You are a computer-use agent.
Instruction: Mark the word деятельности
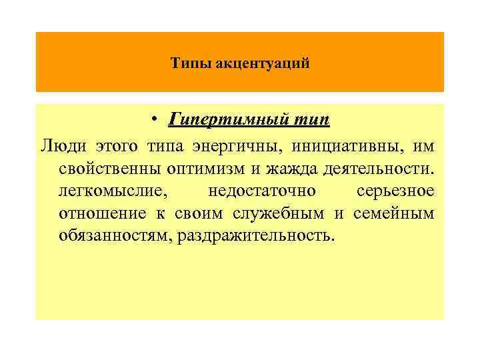pyautogui.click(x=377, y=169)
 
